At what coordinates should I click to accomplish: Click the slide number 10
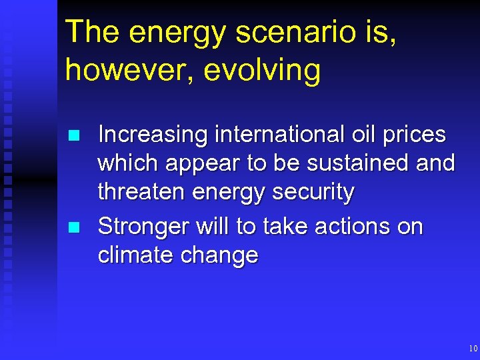473,349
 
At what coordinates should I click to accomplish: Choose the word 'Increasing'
153,135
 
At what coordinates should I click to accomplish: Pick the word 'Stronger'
145,227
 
